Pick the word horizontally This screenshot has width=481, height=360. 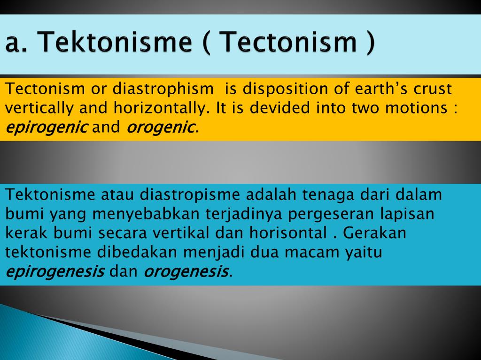click(x=160, y=108)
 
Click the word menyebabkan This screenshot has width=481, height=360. click(x=146, y=214)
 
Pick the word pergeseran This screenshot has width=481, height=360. click(x=331, y=214)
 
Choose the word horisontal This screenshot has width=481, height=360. click(x=288, y=233)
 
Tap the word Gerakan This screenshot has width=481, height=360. click(x=374, y=233)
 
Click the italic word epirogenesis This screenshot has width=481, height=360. click(x=55, y=271)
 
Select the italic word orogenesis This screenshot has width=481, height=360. click(x=186, y=271)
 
